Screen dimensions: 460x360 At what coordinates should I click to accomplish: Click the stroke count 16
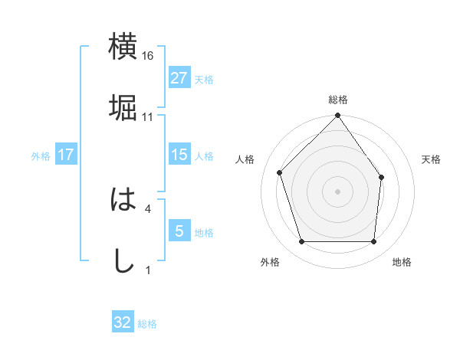(x=148, y=56)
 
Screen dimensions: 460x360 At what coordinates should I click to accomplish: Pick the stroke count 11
(x=148, y=117)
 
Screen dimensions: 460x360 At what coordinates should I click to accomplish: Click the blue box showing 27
(x=179, y=78)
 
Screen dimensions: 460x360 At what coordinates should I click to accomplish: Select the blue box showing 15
(x=179, y=155)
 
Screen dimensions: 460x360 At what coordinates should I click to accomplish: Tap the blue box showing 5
(x=179, y=231)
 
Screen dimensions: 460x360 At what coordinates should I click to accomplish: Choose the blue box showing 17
(x=66, y=155)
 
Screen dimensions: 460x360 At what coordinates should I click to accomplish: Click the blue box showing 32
(x=123, y=322)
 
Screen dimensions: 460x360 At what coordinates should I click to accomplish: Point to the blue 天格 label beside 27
(x=204, y=79)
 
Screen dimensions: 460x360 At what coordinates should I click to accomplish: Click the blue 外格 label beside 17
(x=41, y=155)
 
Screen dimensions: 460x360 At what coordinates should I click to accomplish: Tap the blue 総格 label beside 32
(x=147, y=323)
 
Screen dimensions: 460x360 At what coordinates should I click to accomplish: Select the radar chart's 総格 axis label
(x=337, y=100)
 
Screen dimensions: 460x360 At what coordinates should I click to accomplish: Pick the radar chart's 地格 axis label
(x=402, y=262)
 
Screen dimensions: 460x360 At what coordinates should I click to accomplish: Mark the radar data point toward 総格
(x=337, y=116)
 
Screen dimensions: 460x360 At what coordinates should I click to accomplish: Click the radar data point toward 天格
(x=381, y=177)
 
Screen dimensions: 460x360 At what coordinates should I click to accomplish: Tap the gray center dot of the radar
(x=337, y=191)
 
